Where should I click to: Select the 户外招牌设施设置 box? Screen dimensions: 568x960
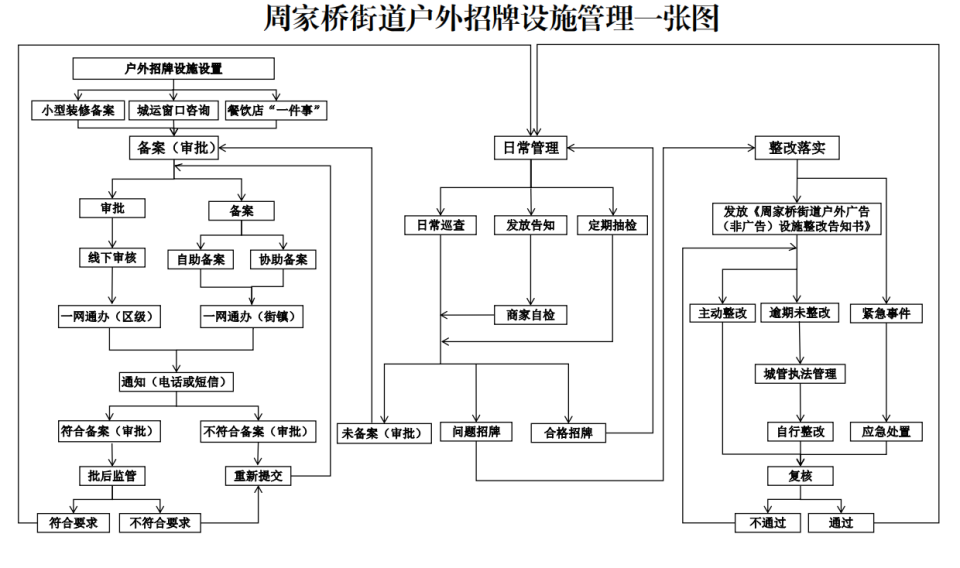[x=173, y=69]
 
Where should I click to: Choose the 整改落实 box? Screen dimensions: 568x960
[x=796, y=147]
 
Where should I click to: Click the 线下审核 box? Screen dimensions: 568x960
[x=111, y=258]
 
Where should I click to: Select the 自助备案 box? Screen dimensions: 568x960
[x=199, y=259]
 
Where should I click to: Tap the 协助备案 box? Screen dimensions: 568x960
[x=282, y=259]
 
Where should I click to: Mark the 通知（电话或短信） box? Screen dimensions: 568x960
[x=177, y=382]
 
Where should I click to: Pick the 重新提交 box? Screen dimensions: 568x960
[x=258, y=476]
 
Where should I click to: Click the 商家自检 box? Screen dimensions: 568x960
[x=531, y=315]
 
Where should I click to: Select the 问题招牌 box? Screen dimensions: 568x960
[x=476, y=432]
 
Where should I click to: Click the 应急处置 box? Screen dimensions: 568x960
[x=885, y=432]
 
